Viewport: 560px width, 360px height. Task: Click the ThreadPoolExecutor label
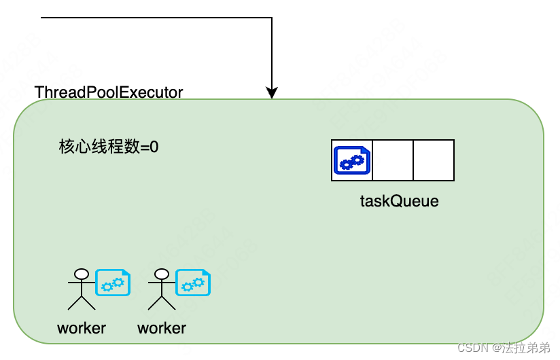pyautogui.click(x=109, y=92)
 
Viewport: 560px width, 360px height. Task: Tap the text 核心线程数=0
pyautogui.click(x=109, y=147)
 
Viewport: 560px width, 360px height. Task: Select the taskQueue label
pyautogui.click(x=399, y=201)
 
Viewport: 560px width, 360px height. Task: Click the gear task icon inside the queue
pyautogui.click(x=352, y=161)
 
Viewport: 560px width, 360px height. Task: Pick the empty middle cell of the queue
pyautogui.click(x=393, y=161)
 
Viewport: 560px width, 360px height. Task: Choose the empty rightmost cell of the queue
pyautogui.click(x=434, y=161)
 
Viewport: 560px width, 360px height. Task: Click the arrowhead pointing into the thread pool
pyautogui.click(x=272, y=93)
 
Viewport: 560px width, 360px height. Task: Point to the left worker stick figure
pyautogui.click(x=82, y=291)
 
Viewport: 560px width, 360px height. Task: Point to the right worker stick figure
pyautogui.click(x=162, y=291)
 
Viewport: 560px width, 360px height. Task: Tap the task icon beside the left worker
pyautogui.click(x=112, y=283)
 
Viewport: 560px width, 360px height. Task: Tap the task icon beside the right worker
pyautogui.click(x=193, y=283)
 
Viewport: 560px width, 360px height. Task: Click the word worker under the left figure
pyautogui.click(x=82, y=328)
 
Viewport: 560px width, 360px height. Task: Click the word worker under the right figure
pyautogui.click(x=162, y=328)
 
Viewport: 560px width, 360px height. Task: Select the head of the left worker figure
pyautogui.click(x=82, y=274)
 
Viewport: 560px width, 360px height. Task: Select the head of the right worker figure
pyautogui.click(x=162, y=274)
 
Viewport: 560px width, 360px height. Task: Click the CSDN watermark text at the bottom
pyautogui.click(x=504, y=348)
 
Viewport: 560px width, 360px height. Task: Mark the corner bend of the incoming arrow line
pyautogui.click(x=272, y=18)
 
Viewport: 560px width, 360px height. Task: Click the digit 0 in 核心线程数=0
pyautogui.click(x=154, y=147)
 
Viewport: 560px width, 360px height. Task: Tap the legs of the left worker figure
pyautogui.click(x=82, y=304)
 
